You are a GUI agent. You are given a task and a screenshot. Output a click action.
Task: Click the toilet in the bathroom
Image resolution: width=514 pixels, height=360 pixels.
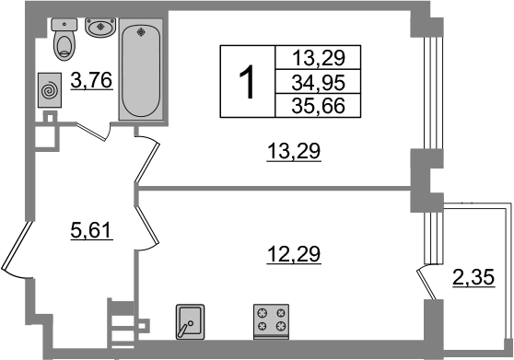64,40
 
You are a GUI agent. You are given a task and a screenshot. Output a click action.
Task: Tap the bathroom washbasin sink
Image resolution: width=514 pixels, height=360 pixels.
100,28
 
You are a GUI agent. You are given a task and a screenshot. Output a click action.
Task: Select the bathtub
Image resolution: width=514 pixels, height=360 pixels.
141,69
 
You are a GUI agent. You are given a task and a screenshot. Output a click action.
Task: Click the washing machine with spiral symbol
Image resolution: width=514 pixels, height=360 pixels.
50,90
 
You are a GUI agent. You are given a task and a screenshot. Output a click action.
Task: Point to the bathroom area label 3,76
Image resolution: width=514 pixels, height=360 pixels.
92,80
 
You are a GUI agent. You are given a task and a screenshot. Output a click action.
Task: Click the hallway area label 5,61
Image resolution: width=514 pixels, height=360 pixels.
92,231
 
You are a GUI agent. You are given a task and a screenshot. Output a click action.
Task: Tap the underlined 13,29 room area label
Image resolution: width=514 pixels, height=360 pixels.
294,152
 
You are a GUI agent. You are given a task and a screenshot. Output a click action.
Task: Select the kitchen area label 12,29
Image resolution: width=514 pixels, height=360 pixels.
294,254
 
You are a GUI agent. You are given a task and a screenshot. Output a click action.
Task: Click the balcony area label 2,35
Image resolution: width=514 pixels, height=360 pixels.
473,278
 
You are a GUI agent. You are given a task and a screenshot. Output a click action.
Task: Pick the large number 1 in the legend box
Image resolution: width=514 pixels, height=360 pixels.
247,82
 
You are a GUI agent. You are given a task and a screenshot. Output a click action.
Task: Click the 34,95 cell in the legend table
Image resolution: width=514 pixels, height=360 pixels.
319,82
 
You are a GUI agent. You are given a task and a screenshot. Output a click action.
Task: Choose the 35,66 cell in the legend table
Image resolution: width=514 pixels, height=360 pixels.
319,106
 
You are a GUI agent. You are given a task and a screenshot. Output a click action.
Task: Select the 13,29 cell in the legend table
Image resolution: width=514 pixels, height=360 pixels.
319,58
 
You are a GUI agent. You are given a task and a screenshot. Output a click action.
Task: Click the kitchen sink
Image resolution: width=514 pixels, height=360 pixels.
190,321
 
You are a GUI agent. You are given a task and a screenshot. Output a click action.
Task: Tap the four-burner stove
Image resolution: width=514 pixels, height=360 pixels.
271,321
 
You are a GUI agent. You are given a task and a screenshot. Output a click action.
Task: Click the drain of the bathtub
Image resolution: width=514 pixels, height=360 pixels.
141,32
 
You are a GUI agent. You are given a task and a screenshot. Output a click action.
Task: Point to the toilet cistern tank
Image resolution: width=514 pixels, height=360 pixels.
64,25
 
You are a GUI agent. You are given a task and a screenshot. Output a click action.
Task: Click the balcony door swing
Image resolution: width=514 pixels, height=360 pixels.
426,283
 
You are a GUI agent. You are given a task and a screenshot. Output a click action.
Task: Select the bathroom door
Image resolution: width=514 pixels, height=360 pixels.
94,132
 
